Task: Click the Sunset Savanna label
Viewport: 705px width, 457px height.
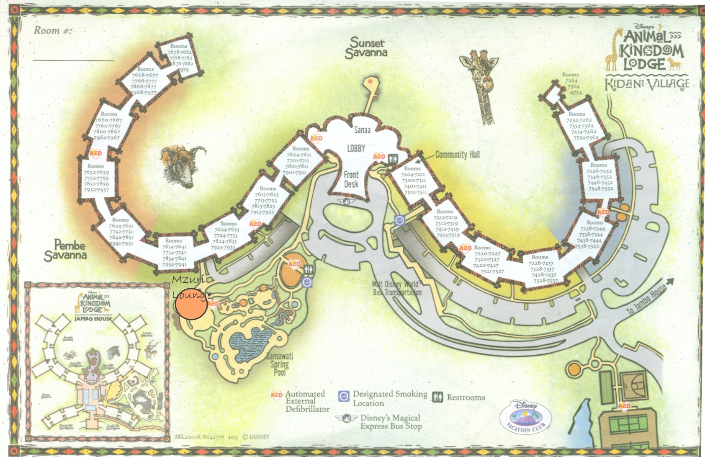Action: pos(366,48)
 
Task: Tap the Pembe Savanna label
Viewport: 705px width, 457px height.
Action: pos(66,250)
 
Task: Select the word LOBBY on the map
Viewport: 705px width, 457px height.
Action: pos(356,148)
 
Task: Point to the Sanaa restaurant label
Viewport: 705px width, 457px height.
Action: pos(362,130)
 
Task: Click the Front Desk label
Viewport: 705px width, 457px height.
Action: pos(351,179)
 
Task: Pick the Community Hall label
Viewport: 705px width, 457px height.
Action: pos(457,155)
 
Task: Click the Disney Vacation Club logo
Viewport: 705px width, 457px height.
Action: pos(525,417)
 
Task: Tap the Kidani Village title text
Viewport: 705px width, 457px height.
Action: pos(647,84)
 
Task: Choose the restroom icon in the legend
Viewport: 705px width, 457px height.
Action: pos(437,397)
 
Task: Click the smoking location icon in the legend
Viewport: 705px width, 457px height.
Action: pos(344,396)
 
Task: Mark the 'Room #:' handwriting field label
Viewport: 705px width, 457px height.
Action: pos(53,31)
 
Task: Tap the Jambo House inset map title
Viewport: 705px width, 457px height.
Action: pos(94,318)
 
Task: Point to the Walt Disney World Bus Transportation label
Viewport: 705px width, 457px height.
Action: pos(396,288)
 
